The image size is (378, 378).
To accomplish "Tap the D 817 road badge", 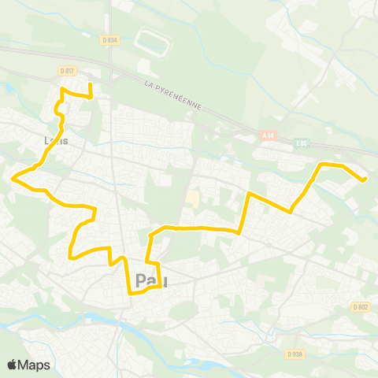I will click(67, 71).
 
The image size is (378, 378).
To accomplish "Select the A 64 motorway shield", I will click(268, 135).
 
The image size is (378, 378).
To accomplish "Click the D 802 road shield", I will click(361, 307).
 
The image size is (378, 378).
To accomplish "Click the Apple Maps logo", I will click(29, 365).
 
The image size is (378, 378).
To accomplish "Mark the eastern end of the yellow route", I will click(365, 180).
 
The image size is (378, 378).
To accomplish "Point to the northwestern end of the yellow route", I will click(91, 83).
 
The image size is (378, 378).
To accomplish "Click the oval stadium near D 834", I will click(153, 43).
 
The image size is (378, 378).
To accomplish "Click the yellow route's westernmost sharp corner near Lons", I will click(13, 179).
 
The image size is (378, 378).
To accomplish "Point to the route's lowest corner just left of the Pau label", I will click(129, 294).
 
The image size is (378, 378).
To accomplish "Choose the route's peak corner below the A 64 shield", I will click(249, 192).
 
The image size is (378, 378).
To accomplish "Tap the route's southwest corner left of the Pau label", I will click(71, 257).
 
